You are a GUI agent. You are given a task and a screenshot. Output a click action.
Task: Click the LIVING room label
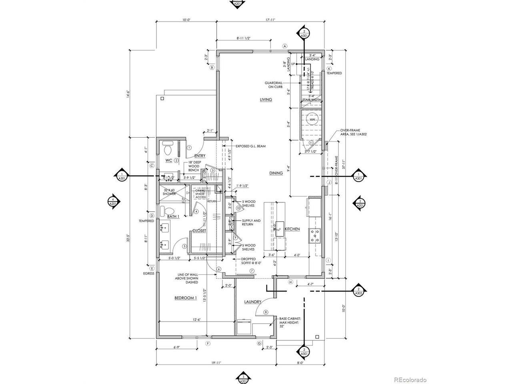[266, 100]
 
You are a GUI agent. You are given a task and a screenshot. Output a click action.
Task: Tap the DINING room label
[276, 173]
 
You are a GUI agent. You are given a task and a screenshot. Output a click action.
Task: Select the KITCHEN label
[292, 229]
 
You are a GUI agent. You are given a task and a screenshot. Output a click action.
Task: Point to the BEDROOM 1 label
[186, 298]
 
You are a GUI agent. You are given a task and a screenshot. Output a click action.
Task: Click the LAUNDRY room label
[254, 302]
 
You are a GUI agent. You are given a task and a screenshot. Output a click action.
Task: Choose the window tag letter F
[208, 343]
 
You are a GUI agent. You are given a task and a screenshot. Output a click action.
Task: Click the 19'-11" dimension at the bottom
[216, 363]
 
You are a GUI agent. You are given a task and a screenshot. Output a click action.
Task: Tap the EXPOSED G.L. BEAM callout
[250, 146]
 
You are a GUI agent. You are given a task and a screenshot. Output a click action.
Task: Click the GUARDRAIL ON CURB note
[274, 85]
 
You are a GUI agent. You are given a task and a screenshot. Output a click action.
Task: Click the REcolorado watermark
[410, 380]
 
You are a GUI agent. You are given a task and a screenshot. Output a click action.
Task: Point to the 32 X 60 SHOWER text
[170, 192]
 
